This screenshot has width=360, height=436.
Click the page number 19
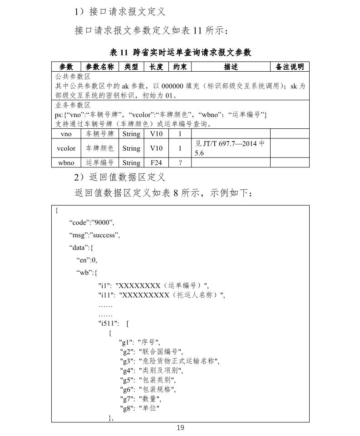click(x=180, y=427)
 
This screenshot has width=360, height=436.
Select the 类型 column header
click(x=131, y=67)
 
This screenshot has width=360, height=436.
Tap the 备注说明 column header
click(x=290, y=67)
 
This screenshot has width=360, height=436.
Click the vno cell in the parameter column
click(x=66, y=134)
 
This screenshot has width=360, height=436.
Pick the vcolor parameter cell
click(x=66, y=148)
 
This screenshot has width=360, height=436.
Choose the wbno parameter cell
click(x=66, y=162)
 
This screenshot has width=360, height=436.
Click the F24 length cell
click(x=156, y=162)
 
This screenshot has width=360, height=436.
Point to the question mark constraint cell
click(x=180, y=162)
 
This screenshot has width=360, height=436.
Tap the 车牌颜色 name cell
click(x=100, y=148)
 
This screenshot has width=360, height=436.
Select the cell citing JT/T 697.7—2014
click(x=231, y=148)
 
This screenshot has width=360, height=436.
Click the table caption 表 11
click(x=180, y=52)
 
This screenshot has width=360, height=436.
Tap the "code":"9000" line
click(x=92, y=222)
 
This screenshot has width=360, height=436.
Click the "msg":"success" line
click(x=94, y=235)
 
